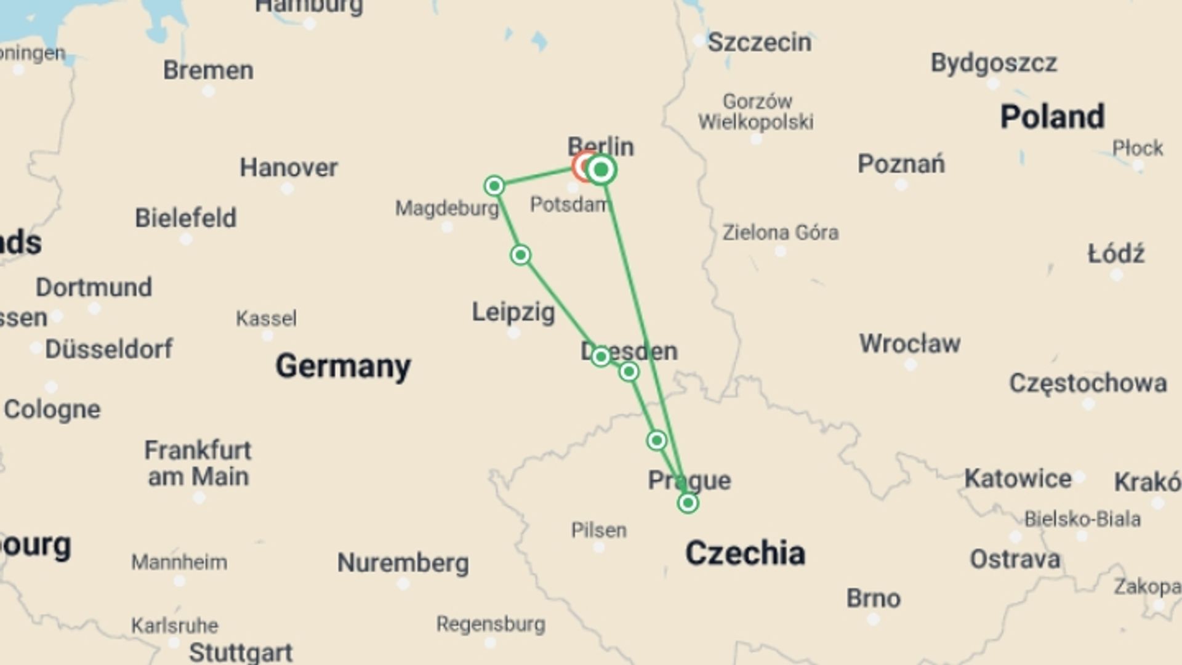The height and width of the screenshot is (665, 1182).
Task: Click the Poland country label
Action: coord(1052,117)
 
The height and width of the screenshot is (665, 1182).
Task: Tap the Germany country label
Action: coord(343,366)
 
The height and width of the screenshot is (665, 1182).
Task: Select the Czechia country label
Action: coord(745,553)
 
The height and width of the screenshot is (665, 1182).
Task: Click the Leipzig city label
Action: coord(513,312)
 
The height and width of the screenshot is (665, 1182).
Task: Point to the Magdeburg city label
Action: coord(447,209)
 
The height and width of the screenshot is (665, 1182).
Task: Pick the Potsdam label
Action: coord(568,204)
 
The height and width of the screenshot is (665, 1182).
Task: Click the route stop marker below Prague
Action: coord(688,503)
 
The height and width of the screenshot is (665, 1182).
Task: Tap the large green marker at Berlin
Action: coord(601,170)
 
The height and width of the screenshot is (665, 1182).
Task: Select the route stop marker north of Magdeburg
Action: coord(494,185)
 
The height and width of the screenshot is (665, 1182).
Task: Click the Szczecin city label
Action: coord(759,43)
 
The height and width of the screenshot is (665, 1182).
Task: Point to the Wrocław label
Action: coord(909,344)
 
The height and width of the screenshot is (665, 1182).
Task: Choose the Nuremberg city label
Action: coord(403,563)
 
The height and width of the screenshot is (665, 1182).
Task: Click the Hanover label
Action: coord(289,167)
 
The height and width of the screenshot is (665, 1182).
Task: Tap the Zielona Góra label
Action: coord(780,233)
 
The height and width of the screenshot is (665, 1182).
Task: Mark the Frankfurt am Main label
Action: coord(198,464)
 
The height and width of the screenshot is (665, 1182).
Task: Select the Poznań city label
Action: coord(901,164)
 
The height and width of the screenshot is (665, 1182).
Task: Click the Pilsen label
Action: coord(598,530)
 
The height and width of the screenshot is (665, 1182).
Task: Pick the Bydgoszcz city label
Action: coord(994,63)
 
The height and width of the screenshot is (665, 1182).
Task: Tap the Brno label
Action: coord(873,598)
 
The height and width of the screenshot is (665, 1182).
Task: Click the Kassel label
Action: coord(266,318)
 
